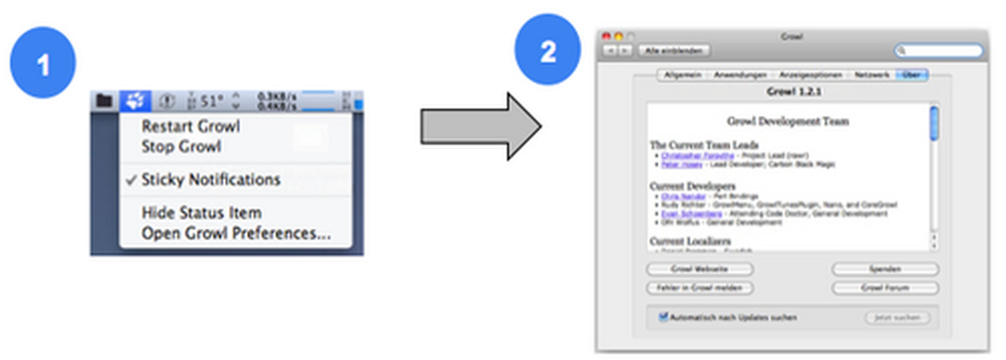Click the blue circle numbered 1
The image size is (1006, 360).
[x=43, y=63]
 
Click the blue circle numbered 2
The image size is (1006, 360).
[x=547, y=50]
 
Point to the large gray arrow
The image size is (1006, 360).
[x=480, y=126]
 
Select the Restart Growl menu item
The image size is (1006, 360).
[x=191, y=126]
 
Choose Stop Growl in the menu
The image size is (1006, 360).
[x=181, y=147]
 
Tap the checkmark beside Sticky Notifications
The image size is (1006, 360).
[x=131, y=180]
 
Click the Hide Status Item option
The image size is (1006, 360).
[x=201, y=213]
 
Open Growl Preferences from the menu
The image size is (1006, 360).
[x=236, y=233]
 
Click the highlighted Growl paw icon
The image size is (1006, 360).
[x=135, y=101]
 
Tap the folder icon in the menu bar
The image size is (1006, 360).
[x=104, y=101]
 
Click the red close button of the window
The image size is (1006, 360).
[x=606, y=36]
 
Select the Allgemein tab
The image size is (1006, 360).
[x=682, y=75]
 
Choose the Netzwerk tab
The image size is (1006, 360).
[x=872, y=75]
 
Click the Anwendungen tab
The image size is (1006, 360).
[x=740, y=75]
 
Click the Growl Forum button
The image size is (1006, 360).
[x=885, y=288]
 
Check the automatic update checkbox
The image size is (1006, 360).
[x=663, y=317]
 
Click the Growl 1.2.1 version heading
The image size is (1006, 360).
[x=794, y=92]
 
